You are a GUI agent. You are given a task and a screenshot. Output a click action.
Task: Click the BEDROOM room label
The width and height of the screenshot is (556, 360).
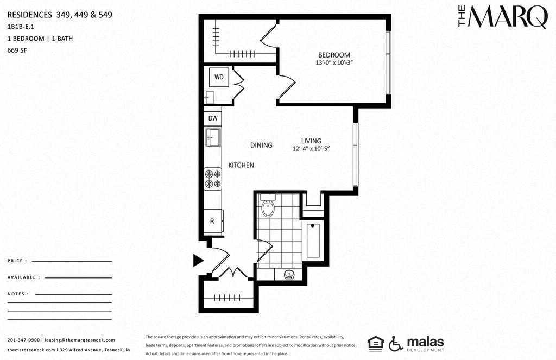tap(334, 55)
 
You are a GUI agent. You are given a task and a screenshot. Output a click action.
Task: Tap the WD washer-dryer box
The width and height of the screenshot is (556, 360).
tap(219, 77)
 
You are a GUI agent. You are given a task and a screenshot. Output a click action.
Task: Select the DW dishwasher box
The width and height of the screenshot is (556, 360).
tap(213, 118)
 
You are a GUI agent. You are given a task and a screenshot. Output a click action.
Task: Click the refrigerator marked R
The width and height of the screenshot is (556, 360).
tap(213, 221)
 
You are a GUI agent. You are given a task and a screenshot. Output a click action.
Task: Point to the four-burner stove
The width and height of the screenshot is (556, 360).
tap(213, 179)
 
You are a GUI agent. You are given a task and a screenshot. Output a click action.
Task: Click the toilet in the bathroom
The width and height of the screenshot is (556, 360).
tap(268, 207)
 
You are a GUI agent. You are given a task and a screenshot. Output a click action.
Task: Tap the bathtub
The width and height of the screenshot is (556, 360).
tap(313, 240)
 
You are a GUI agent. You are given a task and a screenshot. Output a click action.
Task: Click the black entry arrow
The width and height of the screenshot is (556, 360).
tap(198, 260)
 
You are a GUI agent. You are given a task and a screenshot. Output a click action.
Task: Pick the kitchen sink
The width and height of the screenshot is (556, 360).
tap(213, 137)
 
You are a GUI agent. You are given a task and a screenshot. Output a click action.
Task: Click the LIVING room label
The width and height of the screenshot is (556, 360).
tap(311, 141)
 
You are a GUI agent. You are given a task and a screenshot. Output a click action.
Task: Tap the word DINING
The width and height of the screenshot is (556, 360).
tap(261, 145)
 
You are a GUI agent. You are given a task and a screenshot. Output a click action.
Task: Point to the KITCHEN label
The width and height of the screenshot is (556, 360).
tap(241, 165)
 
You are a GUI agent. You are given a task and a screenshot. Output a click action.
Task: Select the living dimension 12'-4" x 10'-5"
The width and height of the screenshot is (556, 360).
tap(311, 149)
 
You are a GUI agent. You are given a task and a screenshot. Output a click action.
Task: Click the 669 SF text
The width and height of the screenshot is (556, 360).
tap(17, 50)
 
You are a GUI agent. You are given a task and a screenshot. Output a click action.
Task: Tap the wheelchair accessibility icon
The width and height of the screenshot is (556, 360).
tap(395, 343)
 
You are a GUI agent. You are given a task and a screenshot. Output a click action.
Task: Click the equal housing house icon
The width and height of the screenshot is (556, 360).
tap(376, 343)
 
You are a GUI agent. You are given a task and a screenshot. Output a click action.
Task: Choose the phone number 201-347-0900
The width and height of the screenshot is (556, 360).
tap(23, 340)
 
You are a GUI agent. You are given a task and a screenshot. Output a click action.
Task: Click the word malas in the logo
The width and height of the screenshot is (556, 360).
tap(425, 342)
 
